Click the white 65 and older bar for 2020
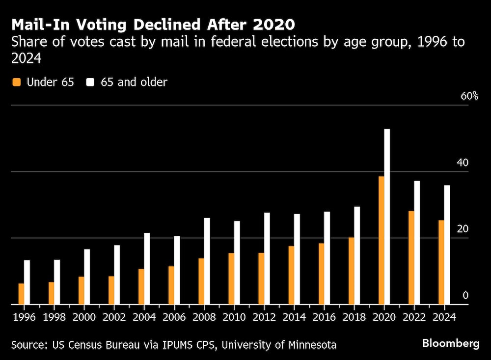coord(387,217)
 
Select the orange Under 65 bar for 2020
coord(381,240)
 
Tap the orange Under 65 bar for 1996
coord(21,294)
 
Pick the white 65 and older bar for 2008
coord(207,261)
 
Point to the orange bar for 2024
coord(441,262)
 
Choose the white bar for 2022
coord(417,243)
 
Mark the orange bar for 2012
coord(261,278)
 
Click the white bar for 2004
coord(147,269)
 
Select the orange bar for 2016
coord(321,274)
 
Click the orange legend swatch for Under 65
coord(17,82)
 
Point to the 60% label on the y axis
coord(469,96)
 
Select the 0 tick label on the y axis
coord(466,295)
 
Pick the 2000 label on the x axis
coord(84,317)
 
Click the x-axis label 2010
coord(234,317)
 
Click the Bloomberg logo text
coord(451,344)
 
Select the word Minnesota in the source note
coord(309,345)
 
